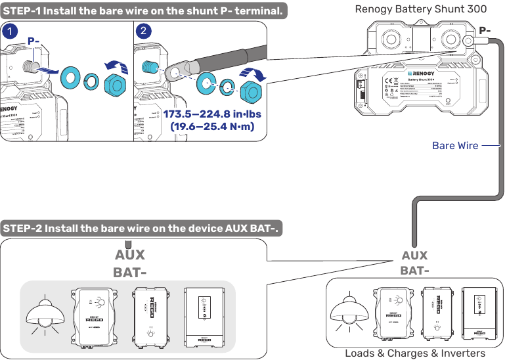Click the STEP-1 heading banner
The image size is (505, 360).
pos(144,11)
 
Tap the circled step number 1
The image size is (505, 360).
pos(10,31)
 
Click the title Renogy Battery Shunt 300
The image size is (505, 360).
pos(420,9)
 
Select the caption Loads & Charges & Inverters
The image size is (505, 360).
pos(415,353)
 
